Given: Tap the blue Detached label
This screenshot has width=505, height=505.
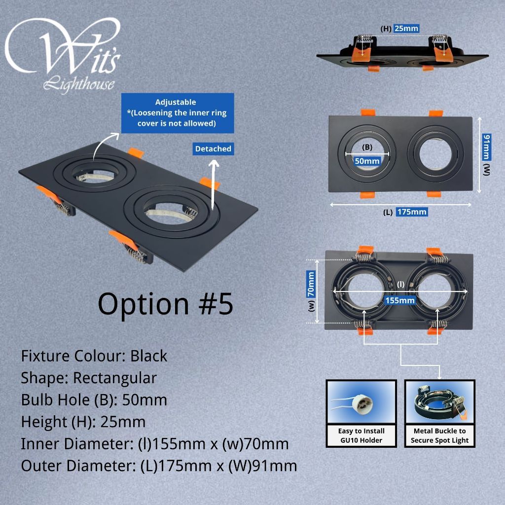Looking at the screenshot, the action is (x=213, y=149).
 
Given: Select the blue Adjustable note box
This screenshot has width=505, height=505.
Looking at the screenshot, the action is (x=178, y=113).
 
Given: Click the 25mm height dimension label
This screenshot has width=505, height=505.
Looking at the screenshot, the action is (x=406, y=28).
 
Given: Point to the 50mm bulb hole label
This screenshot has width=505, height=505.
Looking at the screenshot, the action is (x=367, y=161).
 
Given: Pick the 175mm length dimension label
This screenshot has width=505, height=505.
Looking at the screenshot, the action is (x=412, y=212).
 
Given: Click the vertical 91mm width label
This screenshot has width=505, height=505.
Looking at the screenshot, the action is (x=487, y=147).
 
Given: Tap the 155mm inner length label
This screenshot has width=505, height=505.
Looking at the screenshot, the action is (x=400, y=300).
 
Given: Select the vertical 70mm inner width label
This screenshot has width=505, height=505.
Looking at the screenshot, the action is (x=311, y=284).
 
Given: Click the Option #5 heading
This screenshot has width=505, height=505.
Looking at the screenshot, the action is (x=165, y=304).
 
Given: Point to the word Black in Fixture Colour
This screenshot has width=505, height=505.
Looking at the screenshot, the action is (x=149, y=356).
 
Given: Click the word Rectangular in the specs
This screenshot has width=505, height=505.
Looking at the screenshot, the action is (x=115, y=378).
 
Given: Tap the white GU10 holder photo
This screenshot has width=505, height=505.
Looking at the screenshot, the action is (x=361, y=402).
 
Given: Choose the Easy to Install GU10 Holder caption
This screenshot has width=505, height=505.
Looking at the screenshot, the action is (x=361, y=435).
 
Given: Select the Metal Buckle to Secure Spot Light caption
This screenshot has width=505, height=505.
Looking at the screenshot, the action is (x=439, y=435).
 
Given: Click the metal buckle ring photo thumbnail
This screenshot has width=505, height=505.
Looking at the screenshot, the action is (x=439, y=402).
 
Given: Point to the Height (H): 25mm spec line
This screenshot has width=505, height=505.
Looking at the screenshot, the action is (x=83, y=422).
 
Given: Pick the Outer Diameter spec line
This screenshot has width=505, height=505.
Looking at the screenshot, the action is (x=159, y=466).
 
